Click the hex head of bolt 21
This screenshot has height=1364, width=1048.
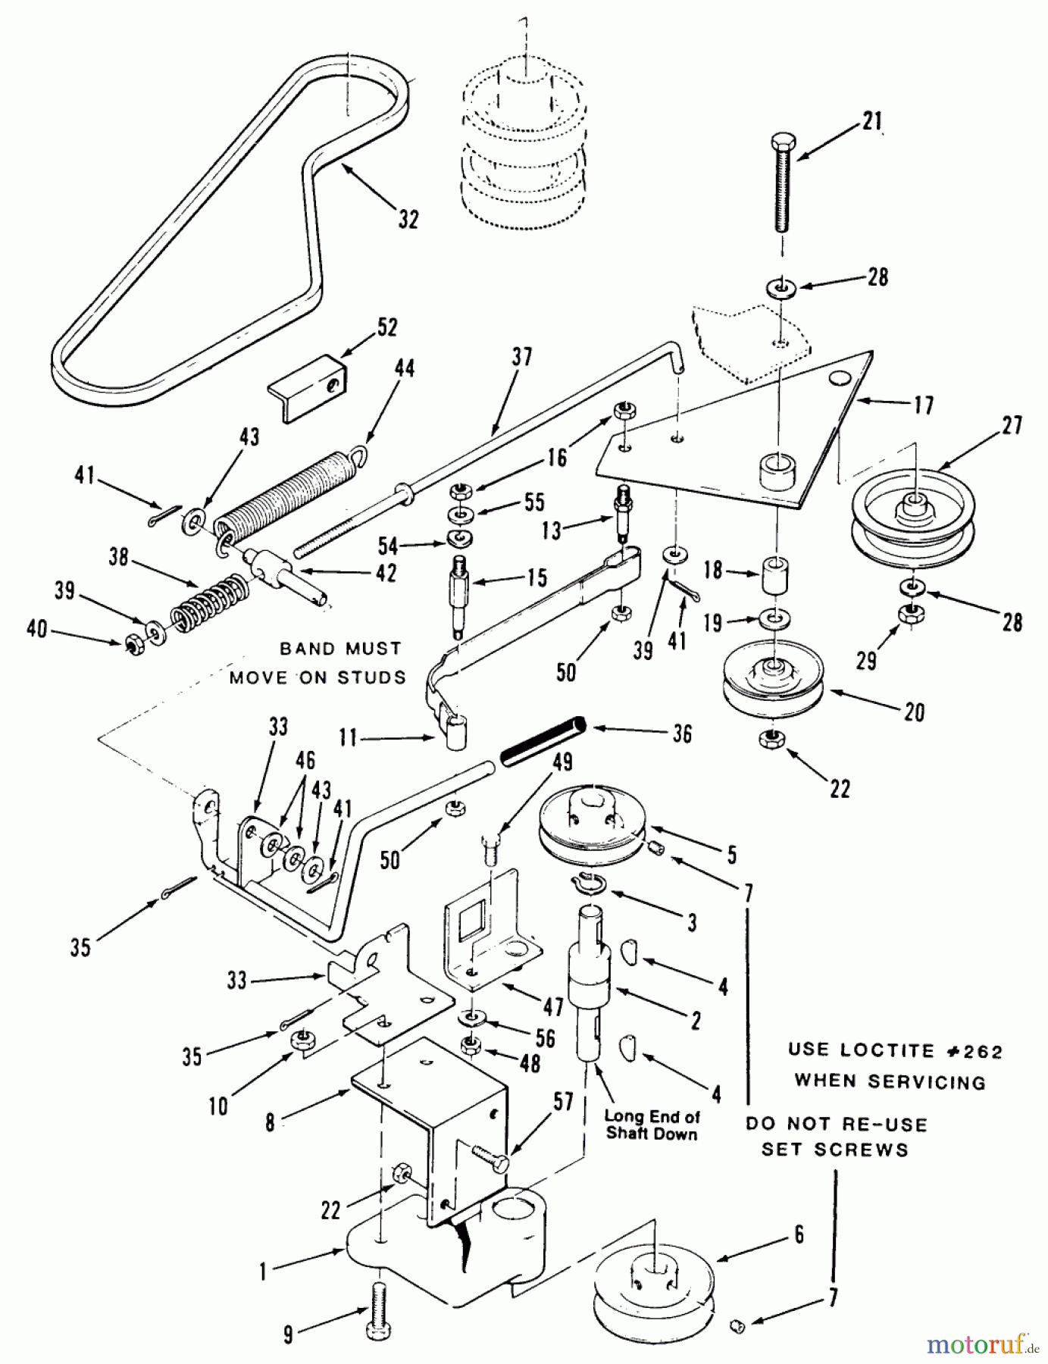783,143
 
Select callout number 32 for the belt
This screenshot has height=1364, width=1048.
408,220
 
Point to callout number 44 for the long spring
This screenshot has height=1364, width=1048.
405,369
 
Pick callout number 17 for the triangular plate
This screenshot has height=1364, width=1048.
924,405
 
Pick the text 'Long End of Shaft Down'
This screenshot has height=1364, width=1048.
652,1125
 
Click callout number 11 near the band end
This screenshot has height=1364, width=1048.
348,737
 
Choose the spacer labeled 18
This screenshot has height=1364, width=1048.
774,577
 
